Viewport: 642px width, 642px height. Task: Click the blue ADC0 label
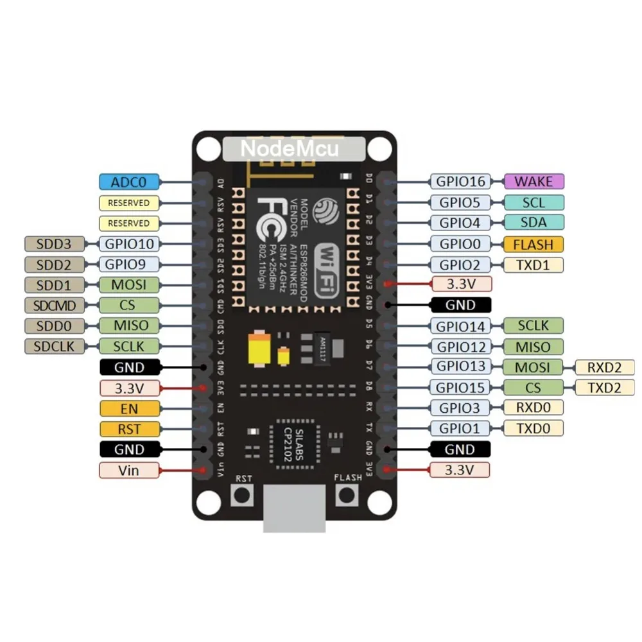tap(129, 182)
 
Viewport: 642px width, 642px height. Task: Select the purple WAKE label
tap(534, 182)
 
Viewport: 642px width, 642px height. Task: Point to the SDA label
tap(534, 223)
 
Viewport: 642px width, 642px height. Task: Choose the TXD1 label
tap(534, 264)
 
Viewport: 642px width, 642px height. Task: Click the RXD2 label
tap(605, 367)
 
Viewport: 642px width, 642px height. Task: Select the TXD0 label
tap(534, 428)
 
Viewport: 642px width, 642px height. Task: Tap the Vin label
tap(129, 470)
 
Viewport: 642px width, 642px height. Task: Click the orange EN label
tap(129, 408)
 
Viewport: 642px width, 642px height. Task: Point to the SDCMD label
tap(54, 305)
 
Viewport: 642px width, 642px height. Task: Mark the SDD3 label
tap(54, 243)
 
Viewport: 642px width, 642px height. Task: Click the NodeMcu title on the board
tap(289, 149)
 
